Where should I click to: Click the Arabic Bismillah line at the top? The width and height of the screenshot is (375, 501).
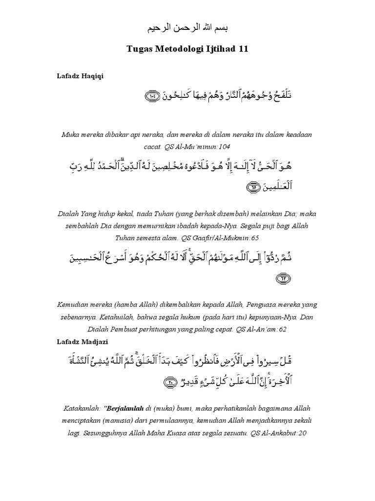click(187, 28)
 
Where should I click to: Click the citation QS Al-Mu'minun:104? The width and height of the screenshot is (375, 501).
click(197, 146)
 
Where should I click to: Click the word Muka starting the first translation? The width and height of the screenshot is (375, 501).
click(69, 134)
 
